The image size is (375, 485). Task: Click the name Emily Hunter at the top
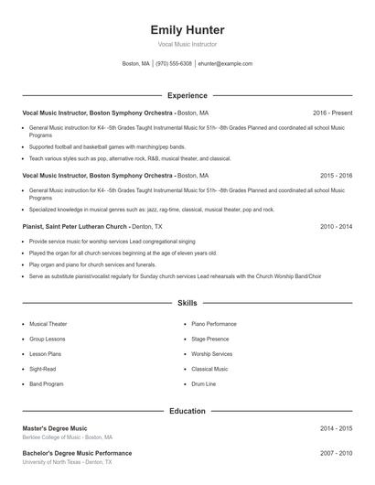point(187,30)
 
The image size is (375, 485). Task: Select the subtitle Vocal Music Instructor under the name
point(187,45)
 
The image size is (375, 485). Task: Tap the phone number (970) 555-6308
point(174,64)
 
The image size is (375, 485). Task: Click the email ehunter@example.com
point(225,64)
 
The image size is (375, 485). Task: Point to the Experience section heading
point(187,95)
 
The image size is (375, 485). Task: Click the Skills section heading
point(187,302)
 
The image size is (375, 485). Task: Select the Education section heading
point(187,411)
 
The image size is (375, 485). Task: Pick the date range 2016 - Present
point(332,113)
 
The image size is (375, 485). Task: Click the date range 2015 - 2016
point(336,175)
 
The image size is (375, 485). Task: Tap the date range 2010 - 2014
point(336,225)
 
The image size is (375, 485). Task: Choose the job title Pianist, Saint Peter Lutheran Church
point(75,225)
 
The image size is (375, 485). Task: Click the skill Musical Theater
point(48,324)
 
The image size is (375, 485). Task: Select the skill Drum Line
point(203,384)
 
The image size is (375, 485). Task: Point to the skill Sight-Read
point(41,369)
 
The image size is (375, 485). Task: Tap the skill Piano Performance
point(214,324)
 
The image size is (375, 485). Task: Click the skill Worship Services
point(211,354)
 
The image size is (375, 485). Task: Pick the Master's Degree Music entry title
point(55,427)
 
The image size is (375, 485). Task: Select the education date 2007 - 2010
point(336,453)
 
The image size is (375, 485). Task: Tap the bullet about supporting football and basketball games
point(107,146)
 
